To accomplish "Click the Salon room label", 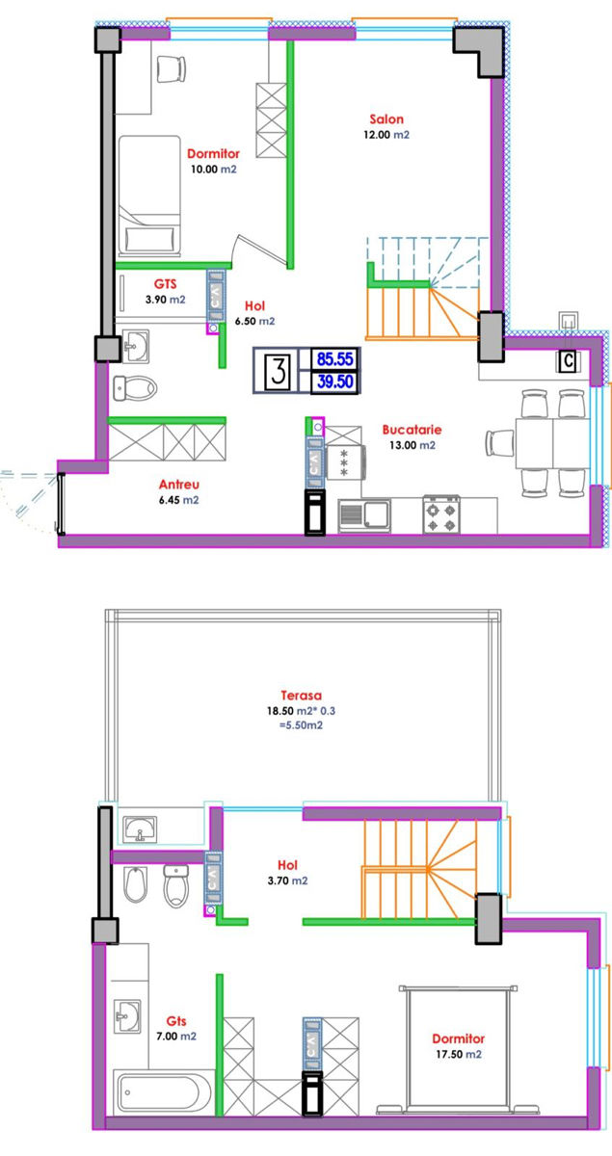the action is tap(386, 119).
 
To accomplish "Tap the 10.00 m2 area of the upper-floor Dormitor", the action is tap(213, 170).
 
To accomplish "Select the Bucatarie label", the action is tap(412, 430).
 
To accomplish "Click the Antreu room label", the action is tap(178, 485).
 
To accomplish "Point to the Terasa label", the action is tap(301, 696).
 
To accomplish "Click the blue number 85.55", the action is tap(335, 358).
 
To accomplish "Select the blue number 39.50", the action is tap(335, 381).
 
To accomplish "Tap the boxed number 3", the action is tap(279, 371).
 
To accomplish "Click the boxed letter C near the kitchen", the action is tap(568, 360).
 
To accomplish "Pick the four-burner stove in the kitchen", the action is tap(441, 514).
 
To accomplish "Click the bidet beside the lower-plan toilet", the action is tap(136, 884).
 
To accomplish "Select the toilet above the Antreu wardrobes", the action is tap(135, 388).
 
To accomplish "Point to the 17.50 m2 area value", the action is tap(459, 1054).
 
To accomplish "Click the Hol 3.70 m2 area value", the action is tap(287, 880).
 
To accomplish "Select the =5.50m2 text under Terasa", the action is tap(301, 725).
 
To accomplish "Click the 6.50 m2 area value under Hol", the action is tap(255, 321).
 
